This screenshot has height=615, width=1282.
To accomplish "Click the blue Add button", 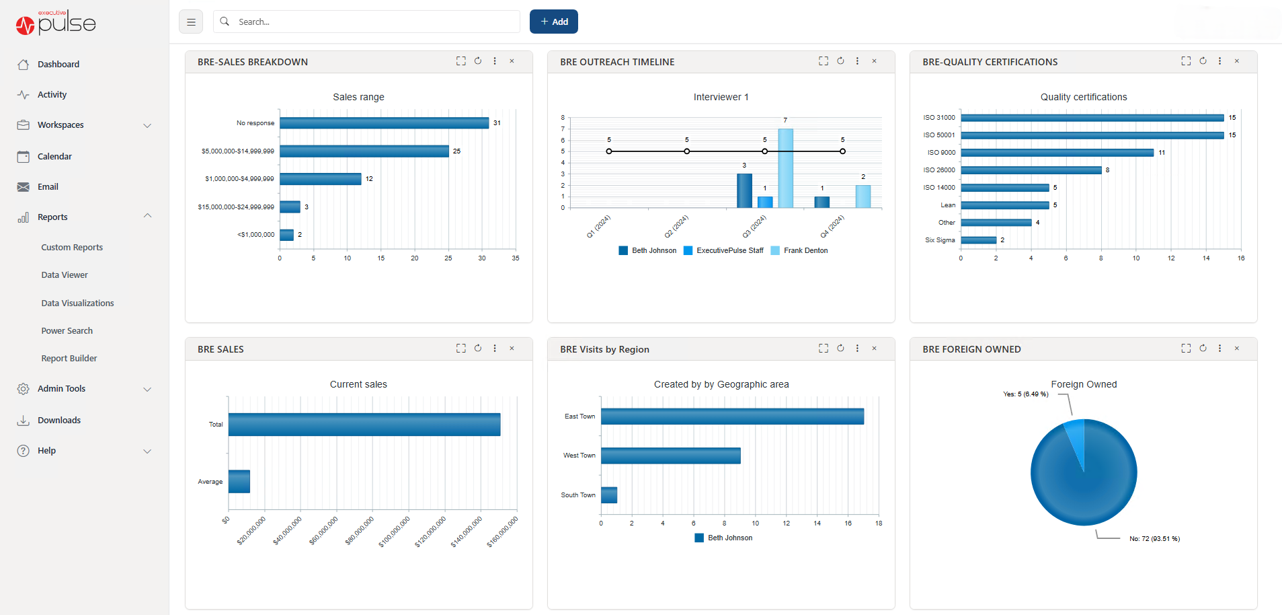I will tap(553, 22).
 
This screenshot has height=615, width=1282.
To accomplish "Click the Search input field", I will tap(366, 22).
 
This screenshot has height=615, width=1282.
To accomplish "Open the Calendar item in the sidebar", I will tap(54, 156).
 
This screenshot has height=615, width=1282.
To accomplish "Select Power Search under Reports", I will tap(67, 331).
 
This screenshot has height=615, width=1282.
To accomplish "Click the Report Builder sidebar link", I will tap(69, 359).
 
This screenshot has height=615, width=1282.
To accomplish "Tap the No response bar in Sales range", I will tap(384, 123).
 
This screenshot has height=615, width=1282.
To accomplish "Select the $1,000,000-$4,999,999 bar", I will tap(321, 179).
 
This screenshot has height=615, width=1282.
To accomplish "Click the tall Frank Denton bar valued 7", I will tap(785, 168).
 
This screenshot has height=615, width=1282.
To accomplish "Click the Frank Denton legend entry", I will tap(805, 250).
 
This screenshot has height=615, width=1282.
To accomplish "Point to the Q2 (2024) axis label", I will tap(676, 226).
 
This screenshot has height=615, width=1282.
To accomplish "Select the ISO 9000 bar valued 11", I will tap(1057, 153).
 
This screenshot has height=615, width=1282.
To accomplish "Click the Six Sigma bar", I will tap(978, 240).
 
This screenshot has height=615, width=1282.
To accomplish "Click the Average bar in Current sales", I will tap(239, 482).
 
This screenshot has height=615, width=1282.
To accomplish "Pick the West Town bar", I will tap(670, 456).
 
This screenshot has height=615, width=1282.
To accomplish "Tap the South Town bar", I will tap(609, 495).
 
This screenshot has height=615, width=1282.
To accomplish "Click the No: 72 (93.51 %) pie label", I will tap(1154, 539).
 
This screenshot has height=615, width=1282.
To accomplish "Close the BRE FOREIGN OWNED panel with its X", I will tap(1236, 349).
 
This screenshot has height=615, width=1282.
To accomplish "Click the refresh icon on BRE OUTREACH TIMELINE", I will tap(840, 61).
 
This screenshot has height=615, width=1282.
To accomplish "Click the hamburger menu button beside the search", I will tap(191, 22).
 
